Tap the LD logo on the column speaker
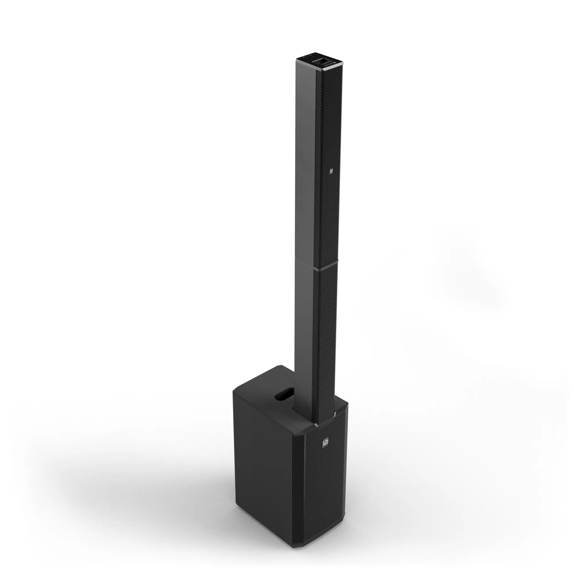pos(331,171)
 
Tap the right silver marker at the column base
pos(335,414)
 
